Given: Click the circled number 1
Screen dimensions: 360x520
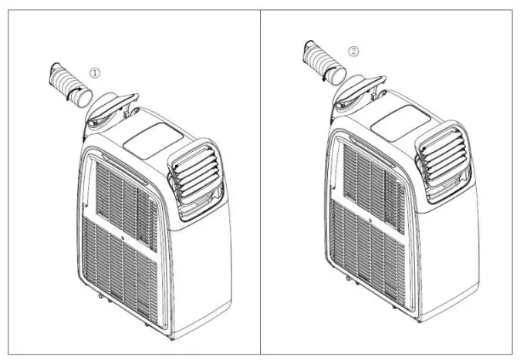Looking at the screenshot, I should [95, 71].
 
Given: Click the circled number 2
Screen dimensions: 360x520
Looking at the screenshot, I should [353, 52].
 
